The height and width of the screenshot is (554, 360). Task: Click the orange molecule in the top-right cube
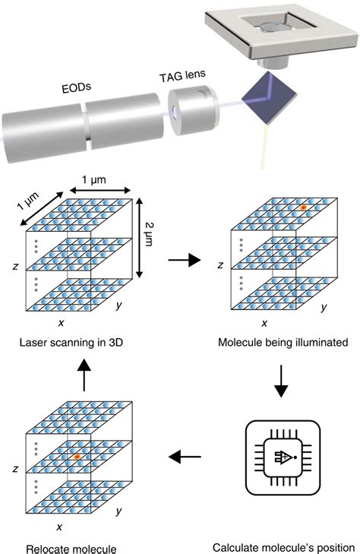coord(302,207)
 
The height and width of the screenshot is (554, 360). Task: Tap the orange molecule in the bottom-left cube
coord(77,457)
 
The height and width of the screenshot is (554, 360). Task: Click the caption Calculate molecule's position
coord(283,544)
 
